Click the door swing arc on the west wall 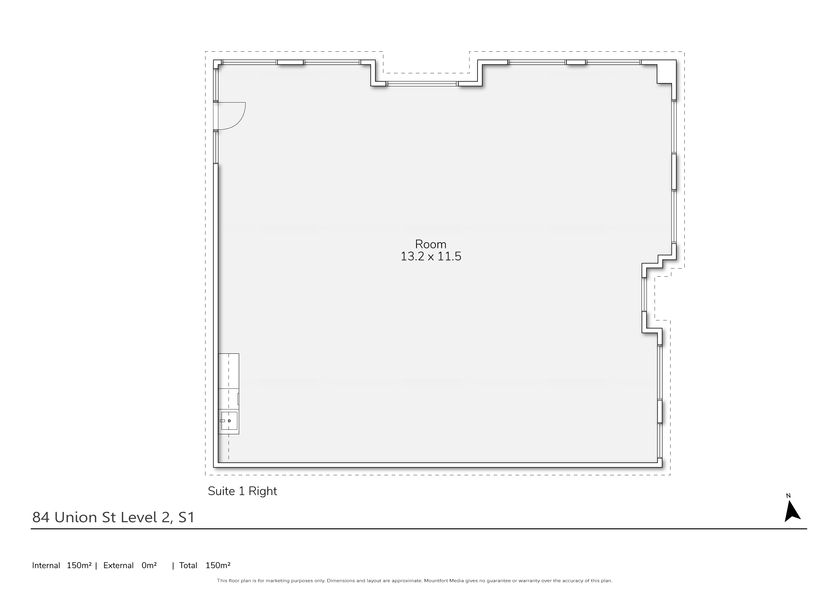pos(240,121)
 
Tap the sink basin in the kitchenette pos(229,421)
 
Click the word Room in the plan pos(431,244)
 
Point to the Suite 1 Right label pos(242,491)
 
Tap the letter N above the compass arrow pos(788,496)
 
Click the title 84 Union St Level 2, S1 pos(114,517)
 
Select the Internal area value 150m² pos(79,565)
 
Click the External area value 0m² pos(149,565)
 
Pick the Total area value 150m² pos(218,565)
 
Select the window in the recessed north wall pos(422,84)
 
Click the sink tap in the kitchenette pos(223,421)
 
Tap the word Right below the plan pos(263,492)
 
